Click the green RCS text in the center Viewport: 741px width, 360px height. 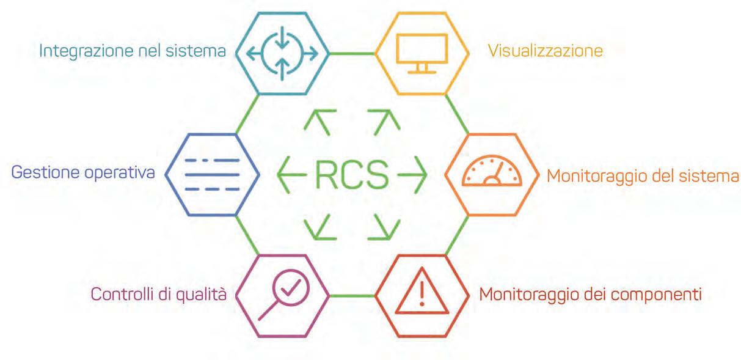pyautogui.click(x=351, y=175)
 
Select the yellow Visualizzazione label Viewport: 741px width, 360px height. pyautogui.click(x=546, y=50)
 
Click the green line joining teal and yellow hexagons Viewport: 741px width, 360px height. pyautogui.click(x=352, y=53)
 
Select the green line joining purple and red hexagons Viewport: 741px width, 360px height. pyautogui.click(x=352, y=296)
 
